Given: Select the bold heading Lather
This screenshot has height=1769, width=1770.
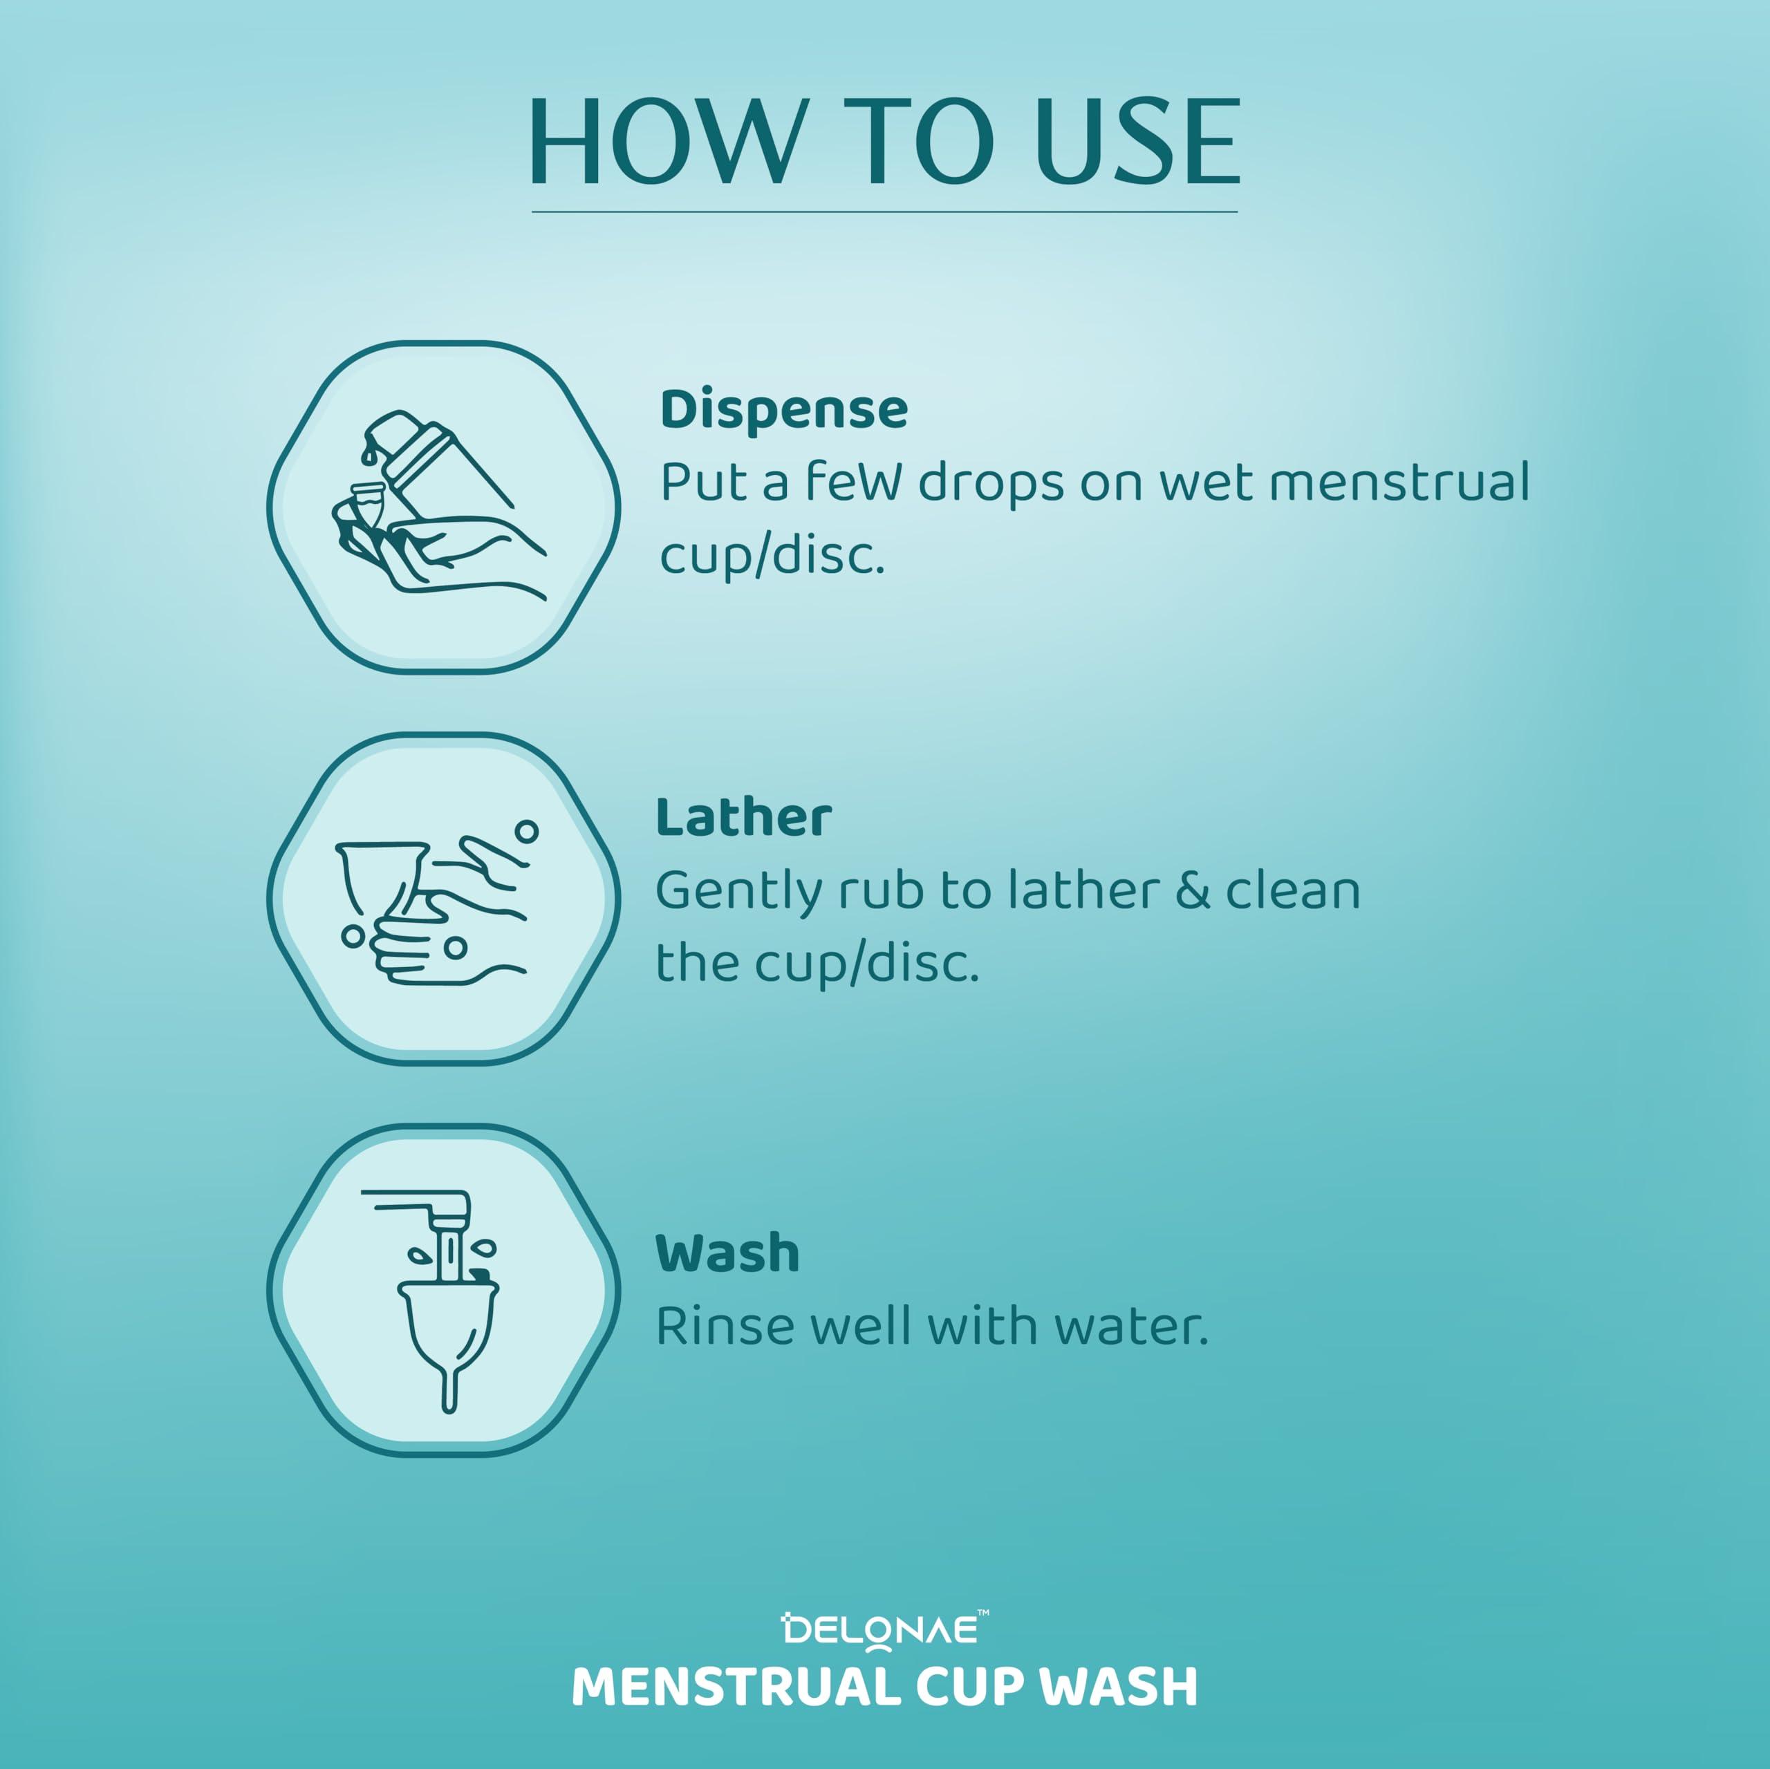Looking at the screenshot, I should [744, 818].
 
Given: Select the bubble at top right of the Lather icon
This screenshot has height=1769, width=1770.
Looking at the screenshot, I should [526, 832].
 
